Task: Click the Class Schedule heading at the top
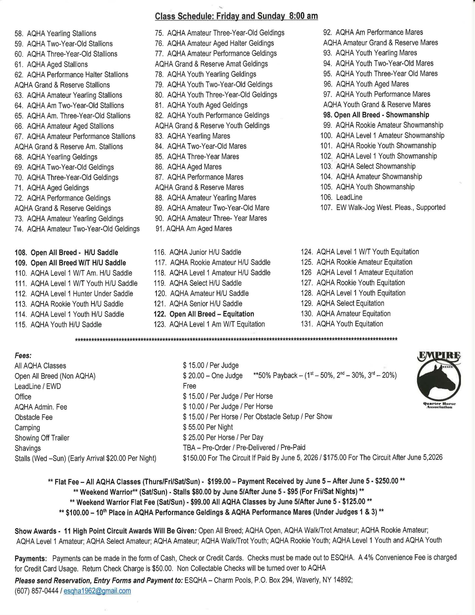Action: click(236, 16)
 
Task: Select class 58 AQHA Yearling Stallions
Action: click(55, 33)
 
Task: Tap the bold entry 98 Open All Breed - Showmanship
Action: click(376, 115)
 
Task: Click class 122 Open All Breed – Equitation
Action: click(204, 314)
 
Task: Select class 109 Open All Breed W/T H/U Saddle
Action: click(70, 263)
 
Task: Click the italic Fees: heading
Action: click(23, 356)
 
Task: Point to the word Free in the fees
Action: click(189, 386)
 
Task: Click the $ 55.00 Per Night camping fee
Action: click(208, 427)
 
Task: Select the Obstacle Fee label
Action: click(34, 417)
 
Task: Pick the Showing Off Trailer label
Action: click(42, 438)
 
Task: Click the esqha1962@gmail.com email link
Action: click(97, 591)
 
